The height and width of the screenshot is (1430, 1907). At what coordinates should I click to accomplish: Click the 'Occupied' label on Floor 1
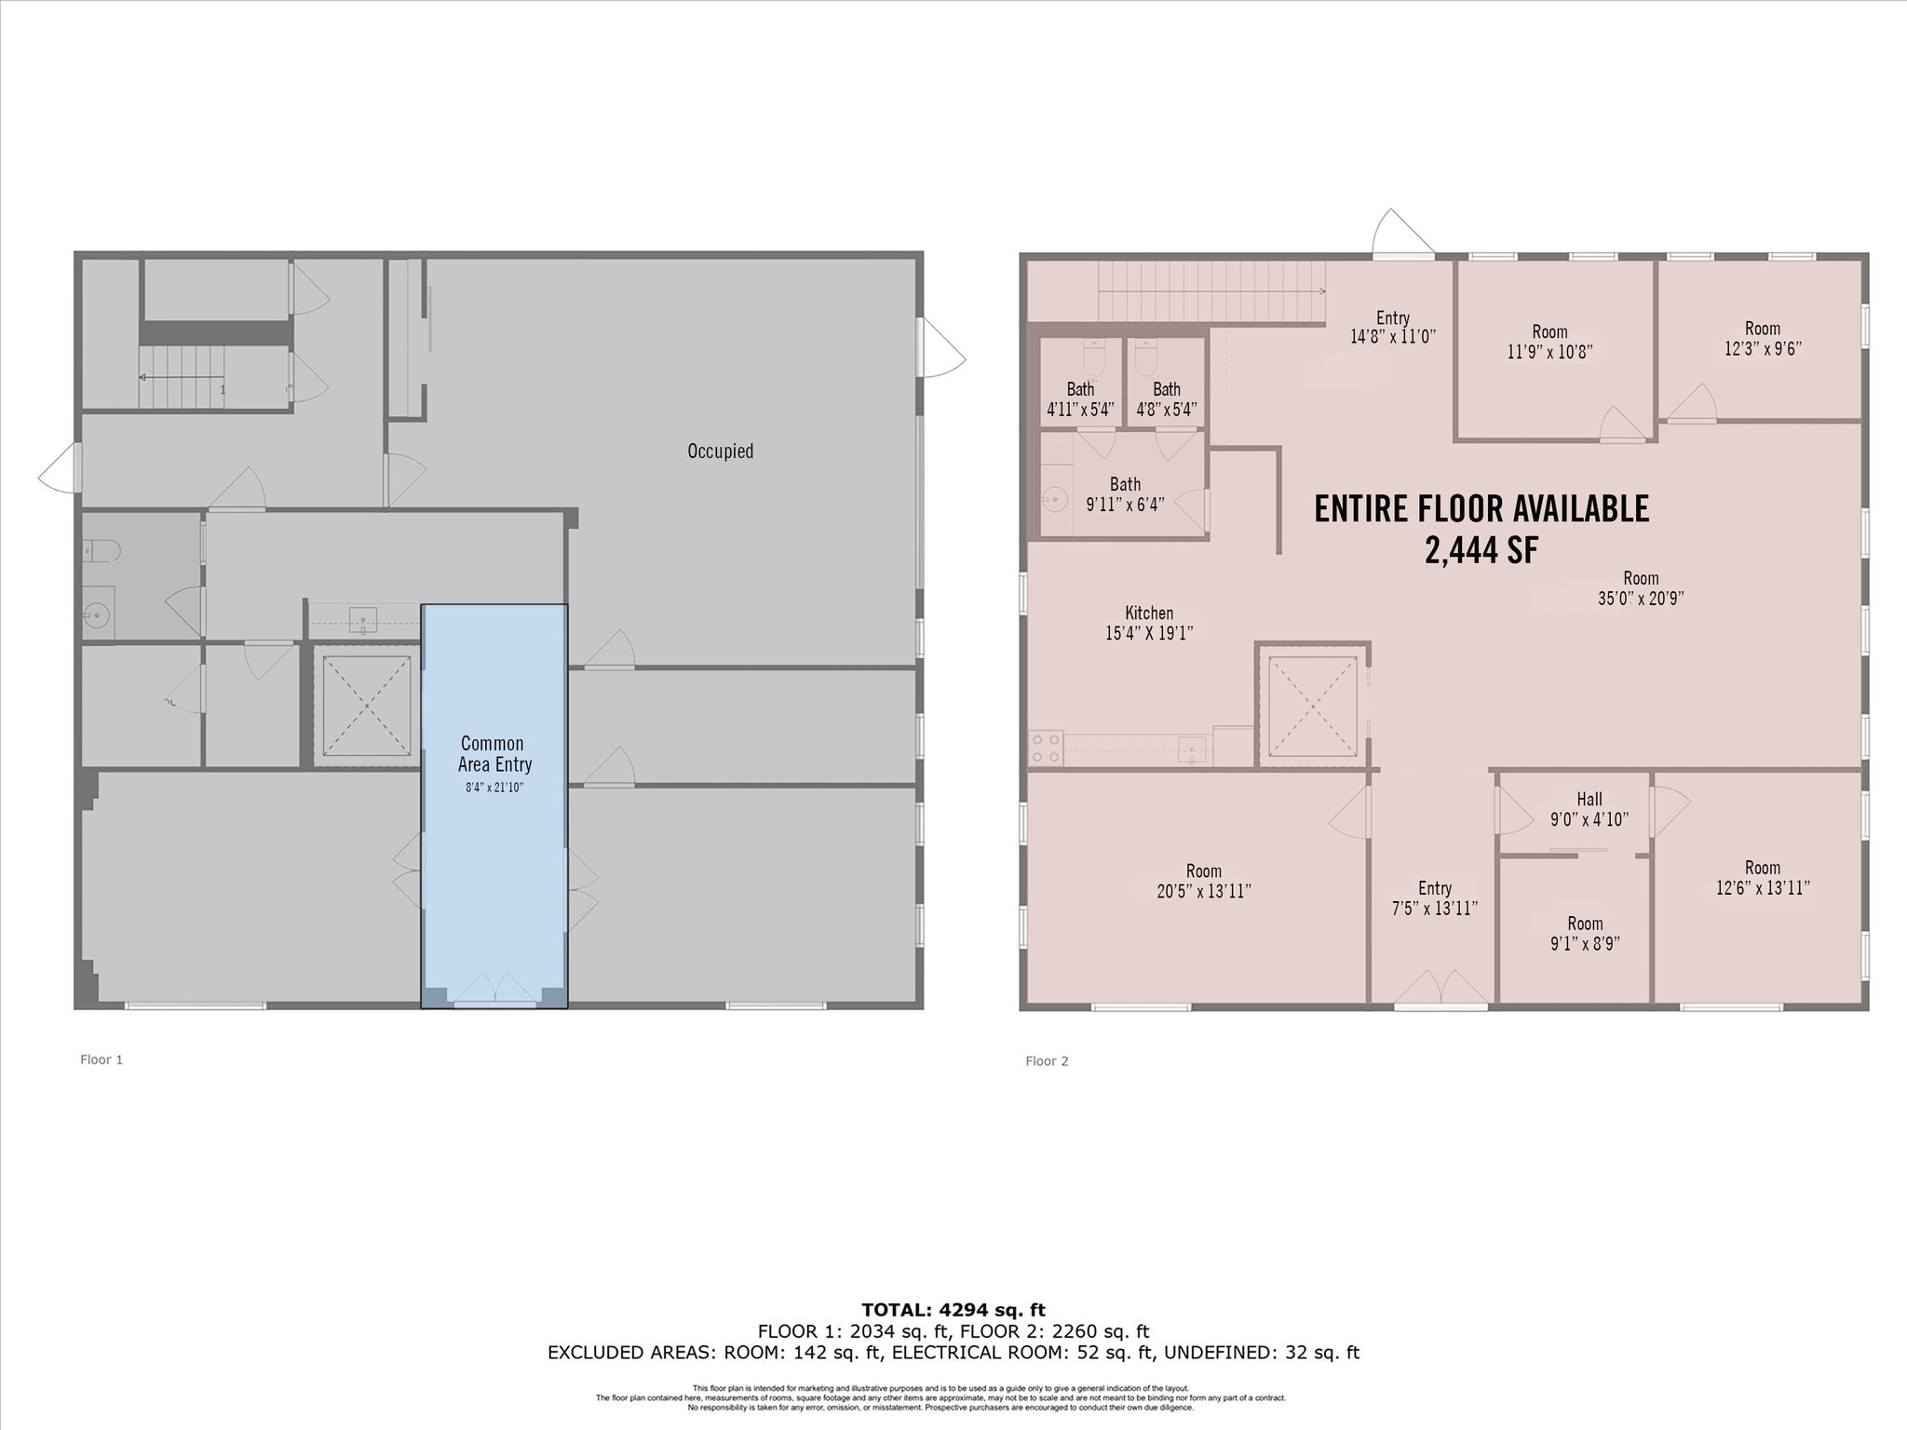pos(720,452)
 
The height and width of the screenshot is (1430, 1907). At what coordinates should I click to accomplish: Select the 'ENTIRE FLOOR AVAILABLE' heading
pos(1481,509)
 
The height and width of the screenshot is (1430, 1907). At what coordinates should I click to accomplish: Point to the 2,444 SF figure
pos(1481,551)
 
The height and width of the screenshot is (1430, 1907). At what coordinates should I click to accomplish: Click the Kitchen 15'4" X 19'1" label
pos(1149,623)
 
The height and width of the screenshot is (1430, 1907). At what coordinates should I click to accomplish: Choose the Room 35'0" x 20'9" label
pos(1641,588)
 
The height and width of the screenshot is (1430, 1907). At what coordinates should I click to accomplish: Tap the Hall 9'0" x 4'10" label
pos(1589,809)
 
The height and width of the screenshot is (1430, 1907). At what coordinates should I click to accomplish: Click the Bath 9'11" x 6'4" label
pos(1125,494)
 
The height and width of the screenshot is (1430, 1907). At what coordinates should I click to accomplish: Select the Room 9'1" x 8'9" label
pos(1585,933)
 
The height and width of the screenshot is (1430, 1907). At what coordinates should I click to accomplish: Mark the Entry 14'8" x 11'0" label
pos(1393,327)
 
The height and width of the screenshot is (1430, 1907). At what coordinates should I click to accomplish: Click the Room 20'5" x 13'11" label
pos(1203,881)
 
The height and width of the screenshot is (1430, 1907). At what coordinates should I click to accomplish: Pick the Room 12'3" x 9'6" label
pos(1762,338)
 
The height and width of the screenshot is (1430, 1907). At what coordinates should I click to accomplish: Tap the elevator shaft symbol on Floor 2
pos(1312,706)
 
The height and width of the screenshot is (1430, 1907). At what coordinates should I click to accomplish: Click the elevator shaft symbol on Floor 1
pos(367,706)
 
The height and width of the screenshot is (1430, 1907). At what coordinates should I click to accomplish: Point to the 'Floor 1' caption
pos(101,1059)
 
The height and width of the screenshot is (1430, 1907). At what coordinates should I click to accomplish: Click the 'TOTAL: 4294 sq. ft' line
pos(953,1310)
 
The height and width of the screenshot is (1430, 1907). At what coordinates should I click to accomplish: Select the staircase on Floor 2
pos(1210,291)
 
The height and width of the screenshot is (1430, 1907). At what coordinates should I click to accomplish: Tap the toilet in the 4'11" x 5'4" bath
pos(1093,356)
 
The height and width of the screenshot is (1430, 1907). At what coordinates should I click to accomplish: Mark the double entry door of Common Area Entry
pos(494,989)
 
